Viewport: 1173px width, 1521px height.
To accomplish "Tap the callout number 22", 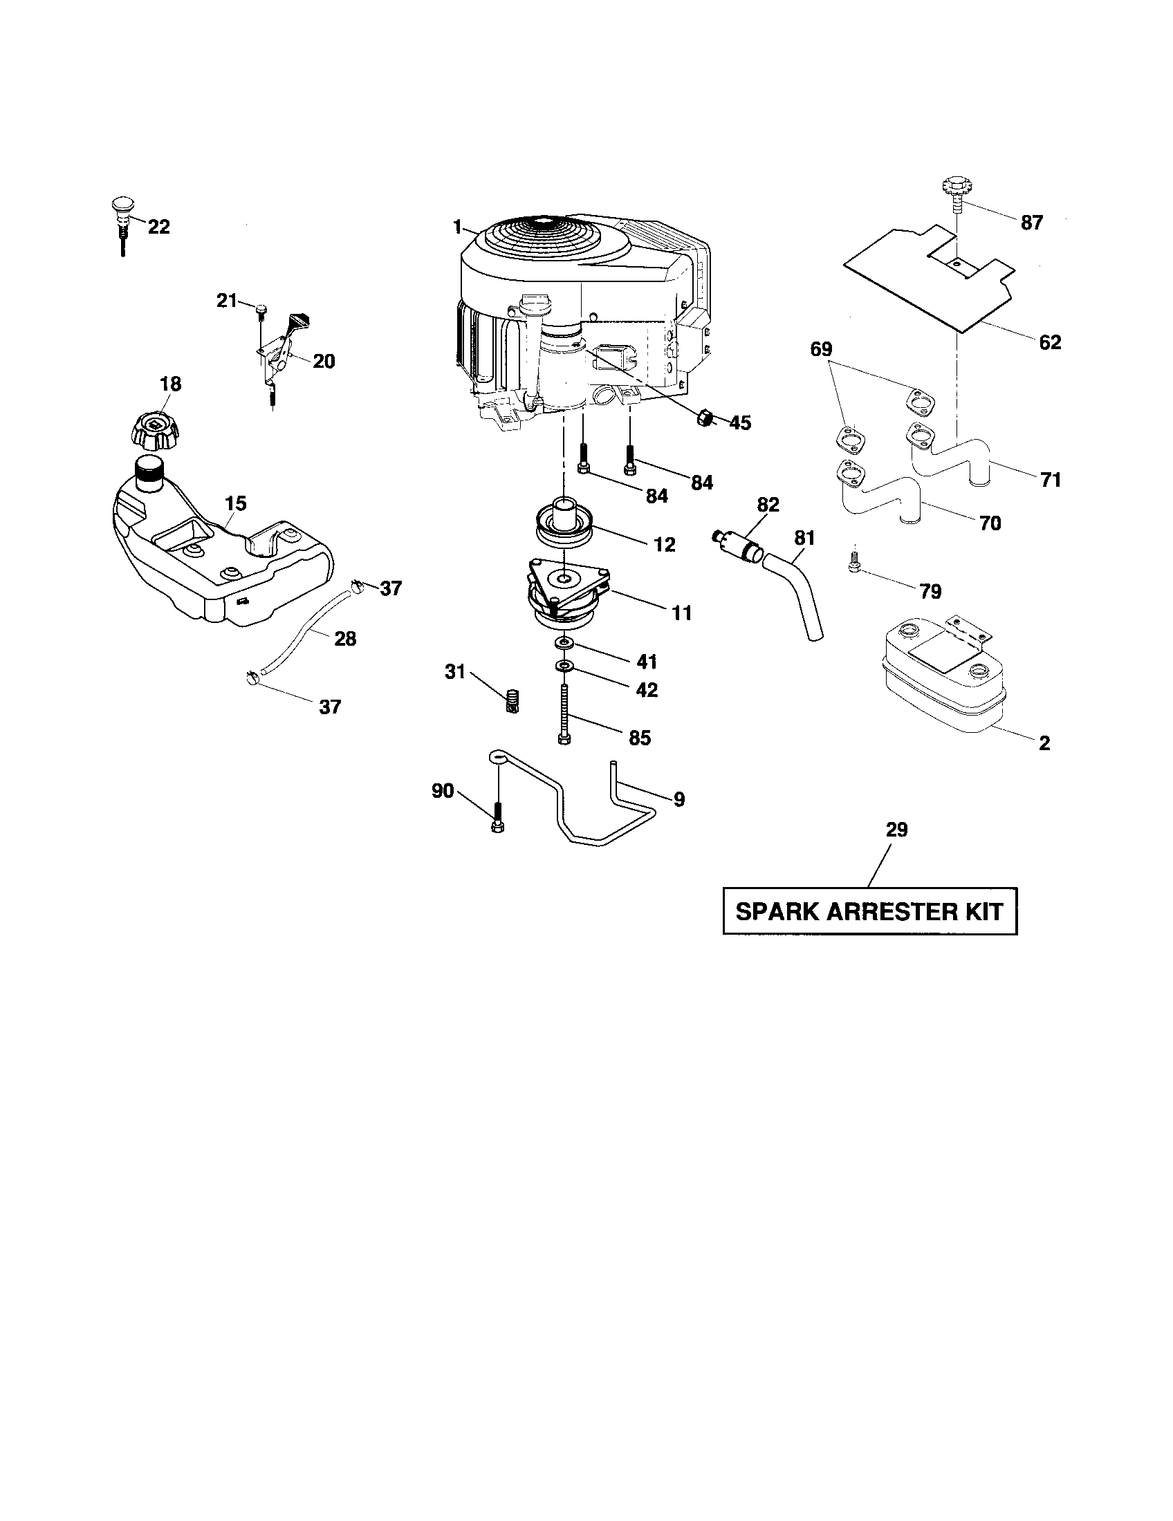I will click(x=159, y=227).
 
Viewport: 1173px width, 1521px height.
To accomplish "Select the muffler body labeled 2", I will click(x=944, y=678).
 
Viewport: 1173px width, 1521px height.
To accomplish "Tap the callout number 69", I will click(x=821, y=348).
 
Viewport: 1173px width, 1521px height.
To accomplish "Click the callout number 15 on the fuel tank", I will click(x=235, y=503).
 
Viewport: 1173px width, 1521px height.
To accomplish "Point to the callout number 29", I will click(x=896, y=830).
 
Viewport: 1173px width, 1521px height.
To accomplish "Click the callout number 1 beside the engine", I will click(x=457, y=226).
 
